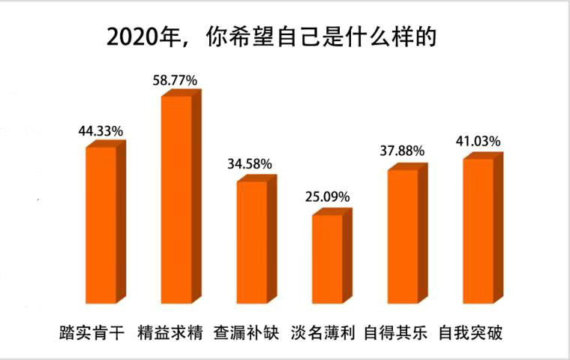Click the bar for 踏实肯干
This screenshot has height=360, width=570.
pos(100,225)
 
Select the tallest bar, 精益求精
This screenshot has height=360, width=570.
pos(176,199)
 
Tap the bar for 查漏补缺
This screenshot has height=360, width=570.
pos(252,241)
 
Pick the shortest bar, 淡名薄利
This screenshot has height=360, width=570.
pos(327,259)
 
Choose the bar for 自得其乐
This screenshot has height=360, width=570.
pos(403,236)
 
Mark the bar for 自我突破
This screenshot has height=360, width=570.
pos(478,230)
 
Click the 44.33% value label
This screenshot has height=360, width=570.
pos(100,131)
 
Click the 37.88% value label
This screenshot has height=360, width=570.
pos(402,151)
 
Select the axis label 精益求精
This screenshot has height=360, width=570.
pos(172,331)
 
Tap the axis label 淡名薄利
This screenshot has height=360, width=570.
pos(322,331)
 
